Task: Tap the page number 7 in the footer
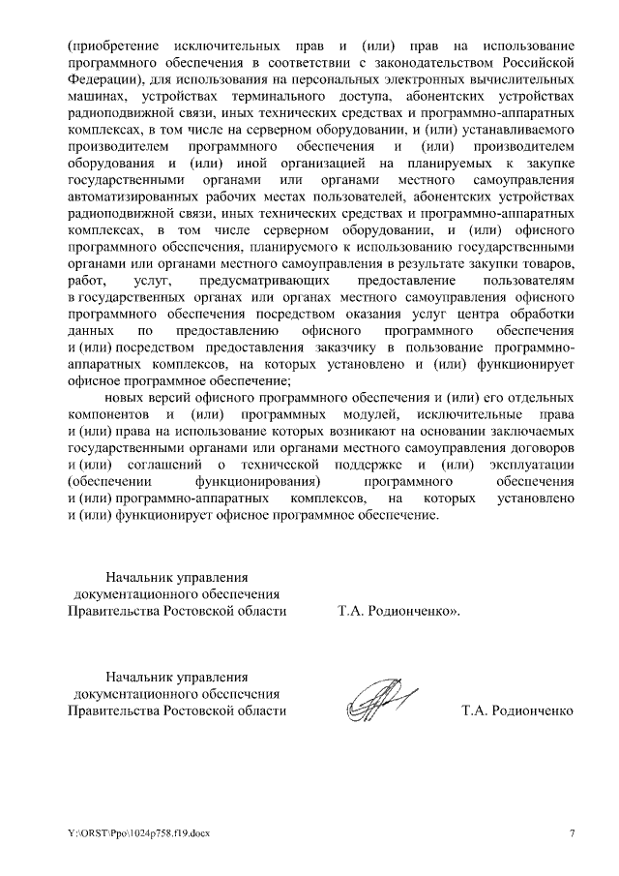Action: [x=571, y=833]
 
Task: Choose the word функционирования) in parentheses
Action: [x=256, y=481]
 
